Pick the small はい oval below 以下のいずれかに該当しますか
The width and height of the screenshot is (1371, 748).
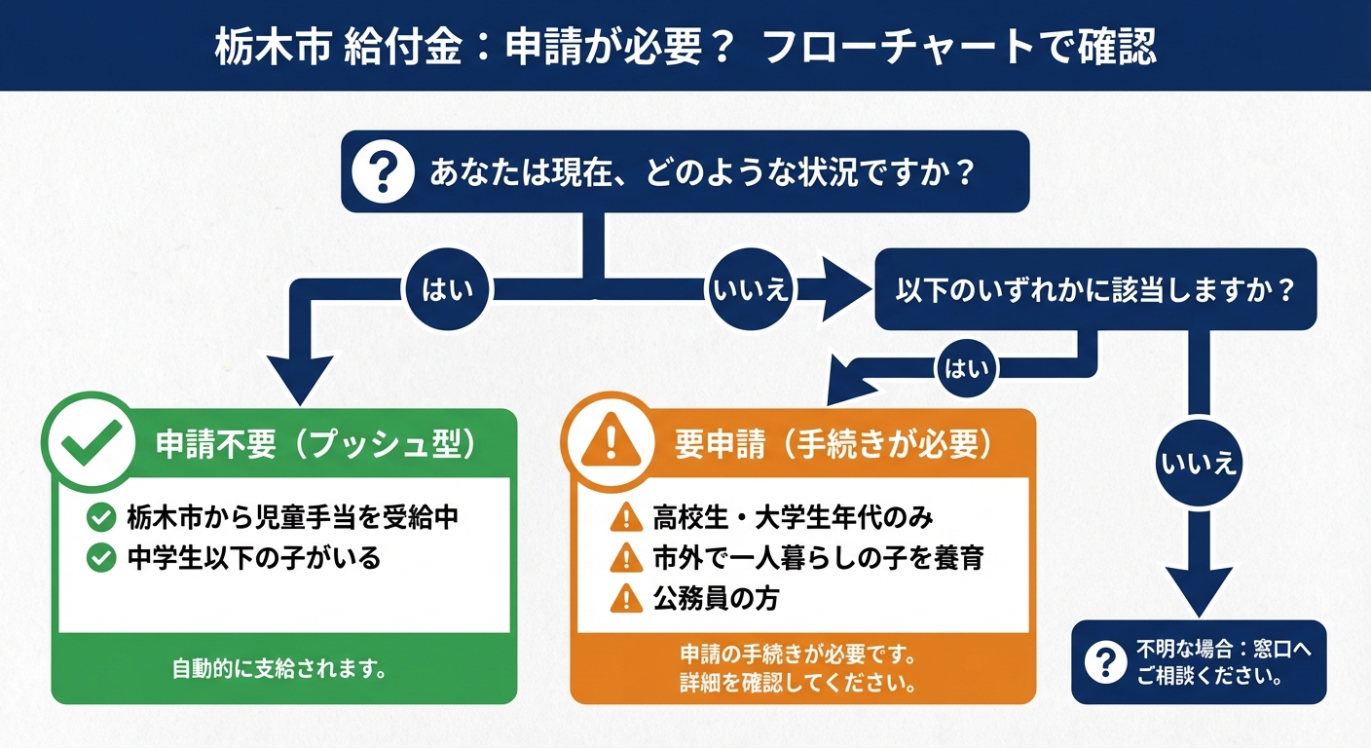pyautogui.click(x=968, y=368)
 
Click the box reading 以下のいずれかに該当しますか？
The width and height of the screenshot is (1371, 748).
pyautogui.click(x=1095, y=289)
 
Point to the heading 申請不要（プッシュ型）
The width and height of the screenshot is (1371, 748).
pyautogui.click(x=317, y=443)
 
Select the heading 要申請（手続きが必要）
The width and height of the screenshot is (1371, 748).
pyautogui.click(x=834, y=443)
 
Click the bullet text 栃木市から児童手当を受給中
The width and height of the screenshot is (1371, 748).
pyautogui.click(x=292, y=517)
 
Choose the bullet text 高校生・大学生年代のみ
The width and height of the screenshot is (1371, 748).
pyautogui.click(x=794, y=517)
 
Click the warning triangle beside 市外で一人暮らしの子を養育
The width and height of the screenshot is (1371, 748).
pyautogui.click(x=620, y=558)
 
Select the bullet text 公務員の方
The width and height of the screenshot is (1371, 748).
pyautogui.click(x=716, y=598)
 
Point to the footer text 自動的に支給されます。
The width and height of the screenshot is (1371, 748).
pyautogui.click(x=281, y=669)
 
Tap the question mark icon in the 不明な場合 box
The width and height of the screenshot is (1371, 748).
pyautogui.click(x=1105, y=662)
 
